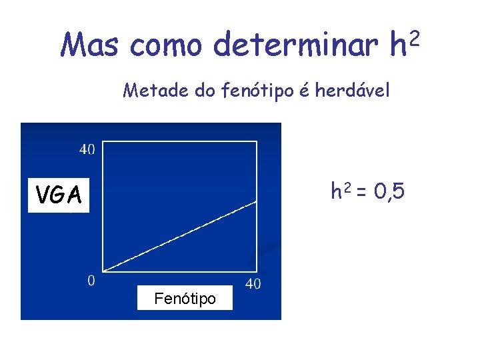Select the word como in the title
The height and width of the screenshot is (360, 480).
[166, 45]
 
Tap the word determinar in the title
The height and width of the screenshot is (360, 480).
[297, 45]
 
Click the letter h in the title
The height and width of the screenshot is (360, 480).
[398, 45]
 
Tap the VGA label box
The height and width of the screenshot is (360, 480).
[59, 195]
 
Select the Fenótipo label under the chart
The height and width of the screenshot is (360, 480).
[185, 299]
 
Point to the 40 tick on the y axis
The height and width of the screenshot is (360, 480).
[87, 149]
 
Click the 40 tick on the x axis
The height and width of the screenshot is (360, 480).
[253, 284]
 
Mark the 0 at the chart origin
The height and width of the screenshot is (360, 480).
[91, 280]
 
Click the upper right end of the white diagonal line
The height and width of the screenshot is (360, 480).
[257, 201]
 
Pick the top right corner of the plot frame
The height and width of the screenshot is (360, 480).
[257, 141]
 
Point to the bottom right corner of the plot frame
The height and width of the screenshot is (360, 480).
[257, 270]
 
